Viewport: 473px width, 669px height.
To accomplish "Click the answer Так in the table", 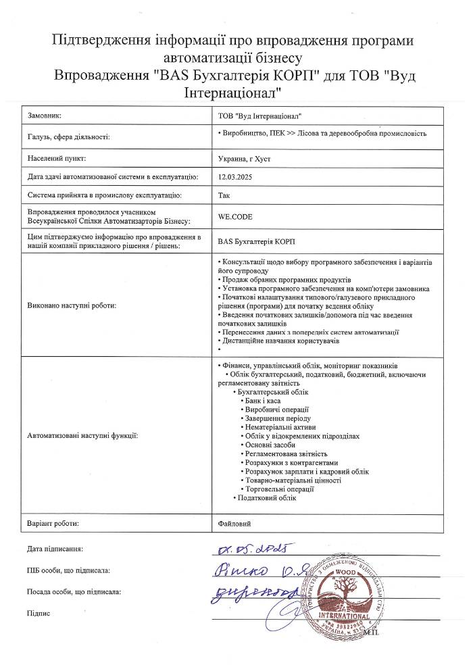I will (224, 196).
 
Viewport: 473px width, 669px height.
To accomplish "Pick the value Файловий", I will (234, 523).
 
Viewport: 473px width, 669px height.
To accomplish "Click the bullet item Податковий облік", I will (267, 498).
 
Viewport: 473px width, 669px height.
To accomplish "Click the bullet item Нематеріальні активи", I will (278, 428).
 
